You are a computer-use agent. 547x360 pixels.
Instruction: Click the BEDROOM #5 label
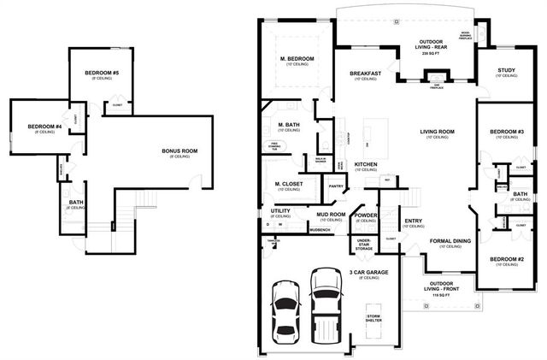tap(101, 74)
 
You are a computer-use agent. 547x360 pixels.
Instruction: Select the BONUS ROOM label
tap(179, 151)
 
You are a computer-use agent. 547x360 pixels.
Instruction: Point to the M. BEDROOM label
tap(297, 60)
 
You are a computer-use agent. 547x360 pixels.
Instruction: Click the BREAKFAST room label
tap(365, 74)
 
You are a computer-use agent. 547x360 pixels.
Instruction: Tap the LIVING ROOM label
tap(437, 132)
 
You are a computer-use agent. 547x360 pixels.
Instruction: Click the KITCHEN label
tap(366, 164)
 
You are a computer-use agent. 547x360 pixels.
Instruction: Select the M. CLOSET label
tap(289, 184)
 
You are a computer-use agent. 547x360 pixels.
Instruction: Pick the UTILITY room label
tap(280, 210)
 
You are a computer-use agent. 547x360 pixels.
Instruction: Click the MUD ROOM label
tap(330, 215)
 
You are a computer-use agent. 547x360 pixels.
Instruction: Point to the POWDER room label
tap(366, 215)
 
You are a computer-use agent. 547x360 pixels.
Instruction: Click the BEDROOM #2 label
tap(506, 258)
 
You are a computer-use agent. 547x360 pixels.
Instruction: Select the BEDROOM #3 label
tap(506, 132)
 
